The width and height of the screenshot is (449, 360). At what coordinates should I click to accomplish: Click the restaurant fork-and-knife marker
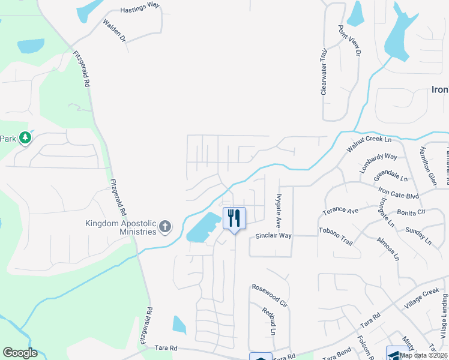pos(234,218)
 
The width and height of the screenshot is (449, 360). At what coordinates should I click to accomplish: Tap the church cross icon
pos(166,227)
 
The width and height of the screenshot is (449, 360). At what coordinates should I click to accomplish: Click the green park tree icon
pos(25,139)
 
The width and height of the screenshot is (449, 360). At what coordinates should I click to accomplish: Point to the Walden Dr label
pos(115,31)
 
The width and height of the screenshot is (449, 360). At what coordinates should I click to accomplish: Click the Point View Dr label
pos(349,41)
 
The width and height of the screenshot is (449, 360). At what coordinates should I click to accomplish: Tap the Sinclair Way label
pos(274,236)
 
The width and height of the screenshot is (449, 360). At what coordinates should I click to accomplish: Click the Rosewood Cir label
pos(270,296)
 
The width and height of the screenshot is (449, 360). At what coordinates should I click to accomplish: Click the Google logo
pos(20,353)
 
